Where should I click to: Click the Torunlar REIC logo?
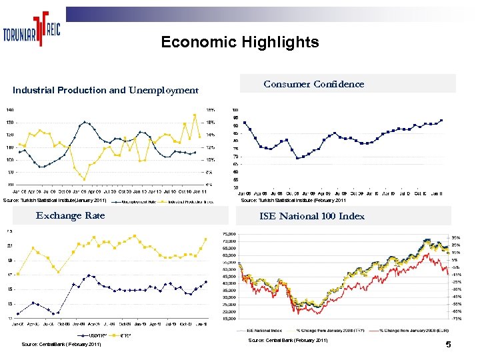(x=31, y=31)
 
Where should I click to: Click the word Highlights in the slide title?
(x=282, y=43)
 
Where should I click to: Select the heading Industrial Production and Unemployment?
(x=106, y=90)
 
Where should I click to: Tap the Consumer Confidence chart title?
(x=314, y=84)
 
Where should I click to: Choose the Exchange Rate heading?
(x=70, y=215)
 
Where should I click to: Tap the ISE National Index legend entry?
(x=264, y=329)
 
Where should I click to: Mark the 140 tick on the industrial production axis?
(x=9, y=109)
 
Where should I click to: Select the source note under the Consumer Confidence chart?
(x=293, y=200)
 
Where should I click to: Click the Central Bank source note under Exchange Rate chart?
(x=61, y=345)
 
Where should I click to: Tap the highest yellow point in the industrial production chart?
(x=195, y=115)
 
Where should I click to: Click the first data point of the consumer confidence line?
(x=245, y=122)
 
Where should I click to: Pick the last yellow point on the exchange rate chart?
(x=206, y=239)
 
